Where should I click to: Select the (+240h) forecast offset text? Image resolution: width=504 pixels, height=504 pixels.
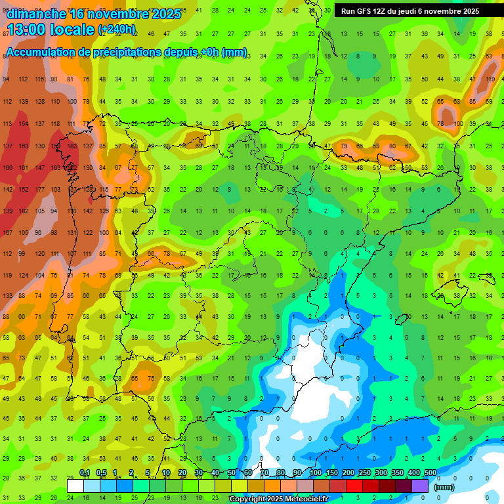(x=117, y=30)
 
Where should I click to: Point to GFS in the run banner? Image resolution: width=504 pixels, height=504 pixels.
(x=365, y=11)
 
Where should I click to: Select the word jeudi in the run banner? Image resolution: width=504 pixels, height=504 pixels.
(x=413, y=11)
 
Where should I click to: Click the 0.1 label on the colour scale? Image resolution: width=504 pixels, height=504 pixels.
(x=84, y=473)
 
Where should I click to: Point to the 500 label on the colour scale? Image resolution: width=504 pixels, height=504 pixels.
(x=430, y=473)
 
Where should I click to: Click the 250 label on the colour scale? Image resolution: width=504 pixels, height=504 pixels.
(x=364, y=473)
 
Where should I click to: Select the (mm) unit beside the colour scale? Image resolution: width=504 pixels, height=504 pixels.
(x=444, y=488)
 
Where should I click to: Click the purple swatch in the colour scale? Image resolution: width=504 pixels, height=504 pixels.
(x=420, y=486)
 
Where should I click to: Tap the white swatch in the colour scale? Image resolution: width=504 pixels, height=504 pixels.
(x=75, y=486)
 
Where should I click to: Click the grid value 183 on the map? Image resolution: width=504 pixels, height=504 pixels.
(x=72, y=146)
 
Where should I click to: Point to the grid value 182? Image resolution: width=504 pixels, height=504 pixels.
(x=24, y=211)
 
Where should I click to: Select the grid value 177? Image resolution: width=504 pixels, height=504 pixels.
(x=39, y=189)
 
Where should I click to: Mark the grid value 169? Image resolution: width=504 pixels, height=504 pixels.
(x=24, y=146)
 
